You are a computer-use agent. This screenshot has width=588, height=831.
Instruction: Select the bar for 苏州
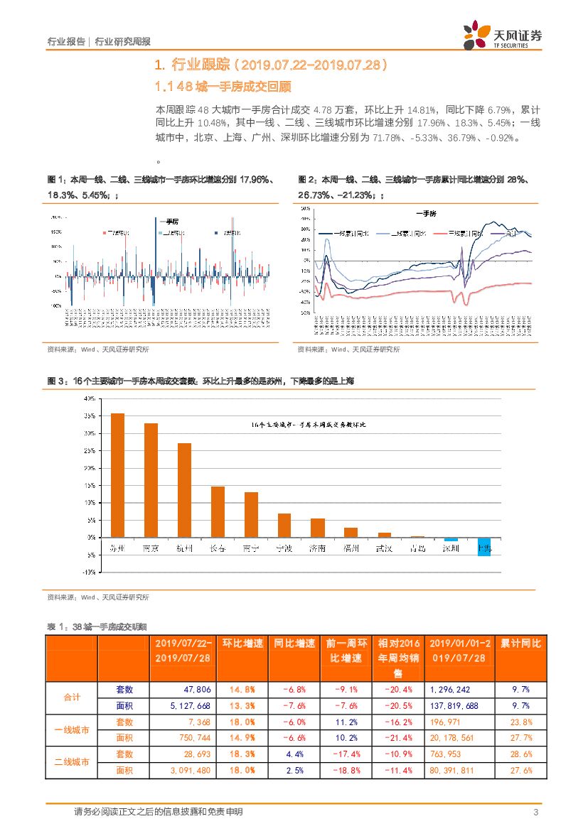coord(117,476)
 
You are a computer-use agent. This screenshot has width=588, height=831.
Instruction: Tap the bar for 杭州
coord(184,490)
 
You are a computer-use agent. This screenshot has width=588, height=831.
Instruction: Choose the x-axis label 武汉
coord(384,548)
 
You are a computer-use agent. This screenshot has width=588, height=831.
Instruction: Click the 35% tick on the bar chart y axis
coord(90,433)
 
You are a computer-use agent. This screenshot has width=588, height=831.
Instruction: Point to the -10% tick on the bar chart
coord(89,572)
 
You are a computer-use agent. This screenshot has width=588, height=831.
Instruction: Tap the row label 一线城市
coord(71,730)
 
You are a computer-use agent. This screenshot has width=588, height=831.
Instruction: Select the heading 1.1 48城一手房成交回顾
coord(224,87)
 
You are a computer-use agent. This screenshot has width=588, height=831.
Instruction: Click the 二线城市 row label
coord(71,761)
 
